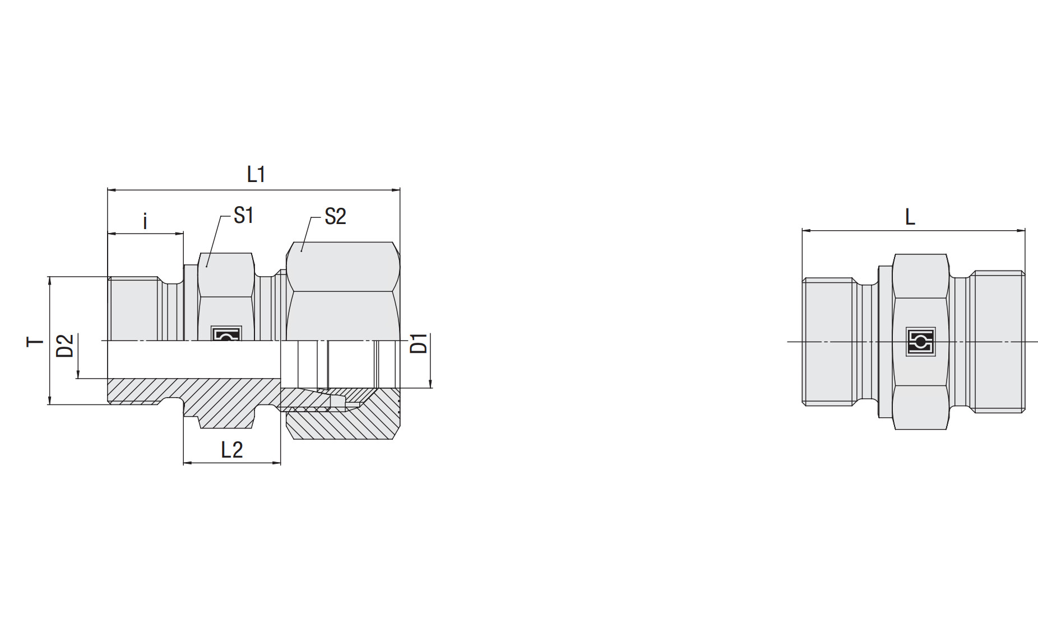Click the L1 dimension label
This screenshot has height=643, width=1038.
coord(256,174)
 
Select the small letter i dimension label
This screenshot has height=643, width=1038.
coord(145,221)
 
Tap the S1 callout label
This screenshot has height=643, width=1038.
coord(244,215)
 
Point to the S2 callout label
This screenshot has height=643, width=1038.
coord(335,216)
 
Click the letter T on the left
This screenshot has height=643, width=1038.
coord(35,342)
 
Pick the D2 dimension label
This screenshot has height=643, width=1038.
coord(65,346)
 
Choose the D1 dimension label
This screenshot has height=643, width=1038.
coord(419,343)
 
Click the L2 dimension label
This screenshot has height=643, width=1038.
coord(232,450)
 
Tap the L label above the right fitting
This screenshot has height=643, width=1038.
coord(910,217)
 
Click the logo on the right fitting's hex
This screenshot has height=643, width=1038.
coord(920,342)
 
